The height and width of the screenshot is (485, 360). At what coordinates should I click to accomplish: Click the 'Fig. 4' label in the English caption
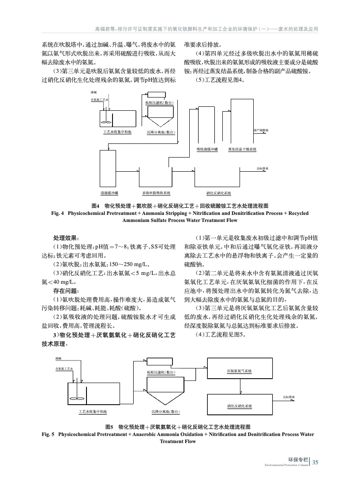(58, 213)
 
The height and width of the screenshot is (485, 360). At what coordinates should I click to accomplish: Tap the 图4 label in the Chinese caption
(95, 206)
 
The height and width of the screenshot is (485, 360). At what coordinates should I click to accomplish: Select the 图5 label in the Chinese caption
(111, 427)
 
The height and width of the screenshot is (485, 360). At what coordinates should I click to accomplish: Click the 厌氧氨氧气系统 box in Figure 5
(240, 371)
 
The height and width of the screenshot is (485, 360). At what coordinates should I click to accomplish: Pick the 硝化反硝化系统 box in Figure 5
(240, 406)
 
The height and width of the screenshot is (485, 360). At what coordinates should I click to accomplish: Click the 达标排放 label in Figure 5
(289, 397)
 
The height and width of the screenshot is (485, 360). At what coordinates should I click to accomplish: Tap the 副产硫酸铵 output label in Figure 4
(261, 131)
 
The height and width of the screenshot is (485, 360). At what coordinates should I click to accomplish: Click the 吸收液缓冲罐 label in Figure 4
(207, 149)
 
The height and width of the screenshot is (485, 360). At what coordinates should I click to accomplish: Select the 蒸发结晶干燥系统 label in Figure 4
(242, 149)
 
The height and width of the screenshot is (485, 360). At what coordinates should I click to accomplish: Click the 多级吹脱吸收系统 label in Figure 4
(156, 193)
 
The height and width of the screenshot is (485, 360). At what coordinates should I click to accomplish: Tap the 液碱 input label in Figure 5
(59, 358)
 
